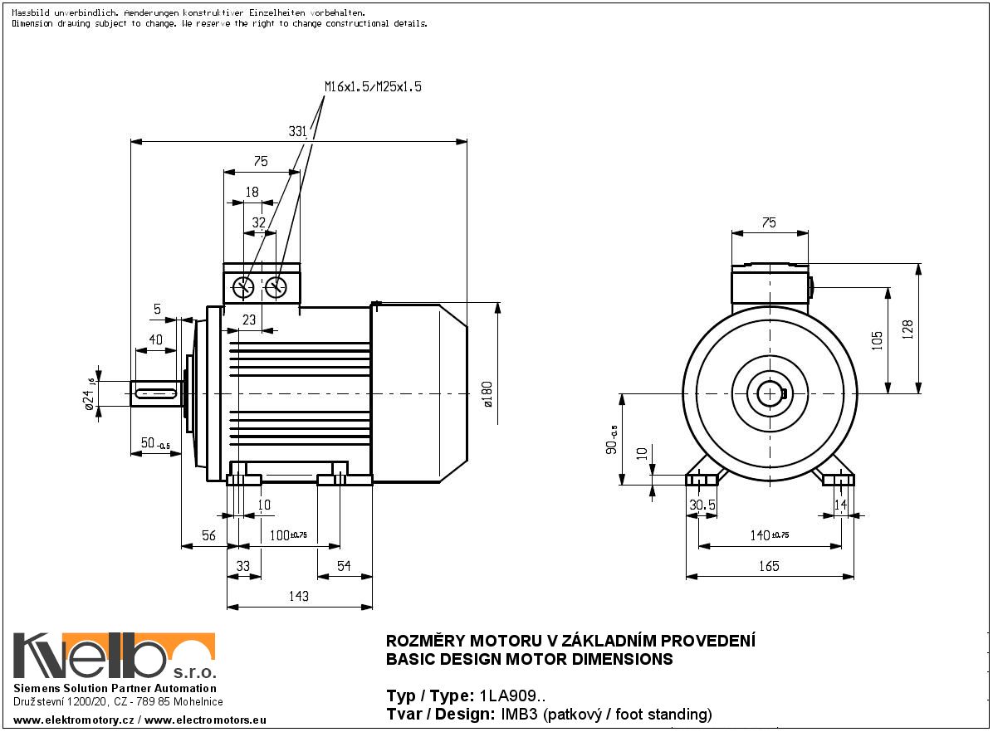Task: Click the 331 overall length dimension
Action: [x=298, y=131]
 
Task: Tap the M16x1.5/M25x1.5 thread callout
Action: [x=373, y=87]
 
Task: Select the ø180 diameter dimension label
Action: [x=487, y=393]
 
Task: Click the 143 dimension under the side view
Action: [x=298, y=596]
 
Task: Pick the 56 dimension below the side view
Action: [x=208, y=536]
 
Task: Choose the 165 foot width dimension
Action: [x=769, y=566]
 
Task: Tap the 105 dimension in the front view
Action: [x=878, y=339]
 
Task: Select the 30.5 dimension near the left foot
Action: [x=702, y=505]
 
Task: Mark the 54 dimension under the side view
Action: [x=343, y=566]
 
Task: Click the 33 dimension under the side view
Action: [x=243, y=566]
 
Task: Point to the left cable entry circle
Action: [x=245, y=287]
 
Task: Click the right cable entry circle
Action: [x=276, y=287]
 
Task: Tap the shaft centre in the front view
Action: [x=771, y=393]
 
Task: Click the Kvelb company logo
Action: [x=115, y=656]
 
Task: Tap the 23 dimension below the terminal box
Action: [x=248, y=320]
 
